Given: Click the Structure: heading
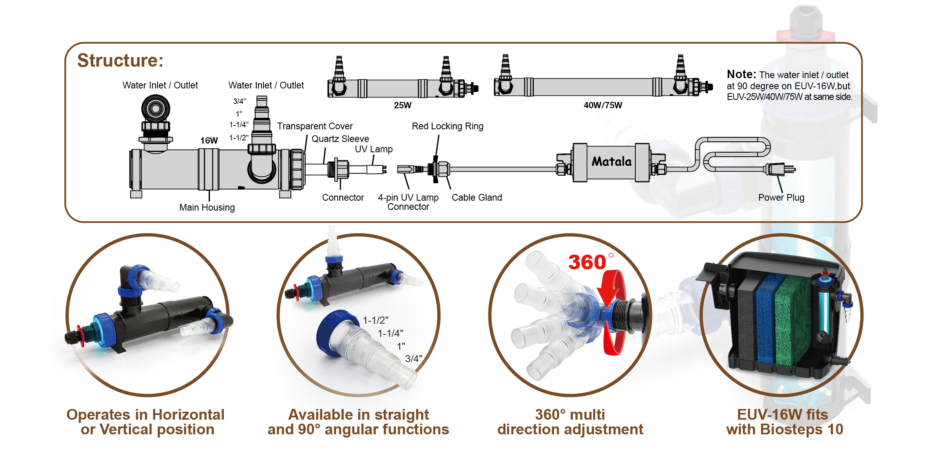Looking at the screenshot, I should pos(120,61).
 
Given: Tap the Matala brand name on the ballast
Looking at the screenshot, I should pos(612,162).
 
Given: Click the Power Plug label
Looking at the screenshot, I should pos(781,198).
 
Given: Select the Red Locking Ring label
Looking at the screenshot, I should pos(447,126).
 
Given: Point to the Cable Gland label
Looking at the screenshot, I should pos(477,198).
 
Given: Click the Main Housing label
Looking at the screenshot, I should pos(207,207).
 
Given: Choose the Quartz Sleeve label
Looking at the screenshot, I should pos(340,139).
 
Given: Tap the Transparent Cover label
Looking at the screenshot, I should pos(315,126).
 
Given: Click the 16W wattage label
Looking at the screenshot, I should pos(209,140).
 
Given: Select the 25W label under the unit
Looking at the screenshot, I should pos(402,105).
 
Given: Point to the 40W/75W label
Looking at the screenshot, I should pos(602,105).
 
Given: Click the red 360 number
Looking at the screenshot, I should pos(587,262).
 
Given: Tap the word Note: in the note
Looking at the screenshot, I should pos(741,74).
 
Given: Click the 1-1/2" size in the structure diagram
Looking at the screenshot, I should pos(239,138).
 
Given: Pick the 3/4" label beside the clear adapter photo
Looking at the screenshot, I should pos(413,359).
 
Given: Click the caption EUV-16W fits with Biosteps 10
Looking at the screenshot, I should pos(784,422).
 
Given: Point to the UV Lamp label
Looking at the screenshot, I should pos(373,149).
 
